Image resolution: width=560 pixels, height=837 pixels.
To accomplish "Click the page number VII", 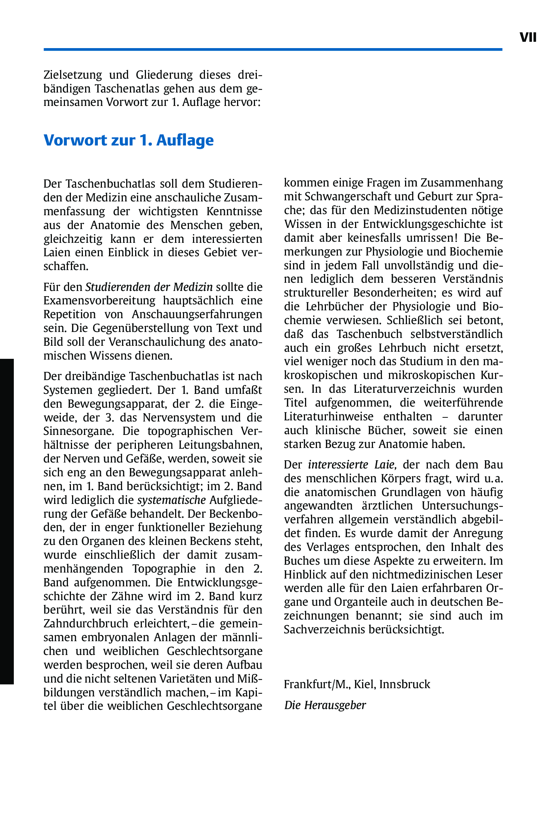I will [528, 37].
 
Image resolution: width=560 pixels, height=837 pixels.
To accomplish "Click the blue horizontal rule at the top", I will [273, 49].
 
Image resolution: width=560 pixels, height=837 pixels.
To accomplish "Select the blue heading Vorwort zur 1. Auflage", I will [128, 140].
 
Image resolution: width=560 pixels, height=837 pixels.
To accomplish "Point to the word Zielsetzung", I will [73, 75].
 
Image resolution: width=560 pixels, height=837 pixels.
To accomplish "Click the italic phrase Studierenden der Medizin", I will [149, 287].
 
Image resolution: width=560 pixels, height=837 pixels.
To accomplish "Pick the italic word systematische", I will [172, 500].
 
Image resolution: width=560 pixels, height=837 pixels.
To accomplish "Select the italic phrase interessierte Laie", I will [351, 465].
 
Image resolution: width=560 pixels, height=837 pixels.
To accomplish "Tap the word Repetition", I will [69, 314].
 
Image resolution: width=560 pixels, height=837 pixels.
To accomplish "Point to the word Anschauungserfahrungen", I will [197, 314].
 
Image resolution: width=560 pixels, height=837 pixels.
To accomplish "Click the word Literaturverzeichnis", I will [404, 389].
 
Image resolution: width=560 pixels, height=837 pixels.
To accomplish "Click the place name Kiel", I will [365, 684].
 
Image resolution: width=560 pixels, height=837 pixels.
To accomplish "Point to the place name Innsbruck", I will [405, 684].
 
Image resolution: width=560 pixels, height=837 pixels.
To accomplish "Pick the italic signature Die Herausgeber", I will [325, 705].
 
